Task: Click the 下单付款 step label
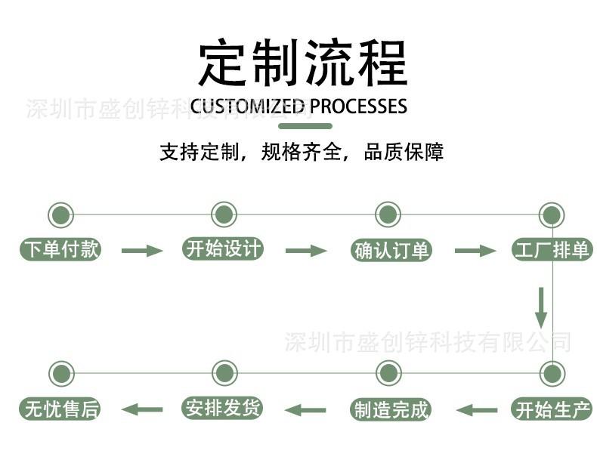(60, 250)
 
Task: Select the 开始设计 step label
(224, 249)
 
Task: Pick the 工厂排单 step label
(552, 250)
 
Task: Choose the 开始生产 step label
(552, 410)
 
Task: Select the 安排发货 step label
(224, 409)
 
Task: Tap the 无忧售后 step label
(60, 410)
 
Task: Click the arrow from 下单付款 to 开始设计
(142, 251)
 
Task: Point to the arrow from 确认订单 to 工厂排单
(475, 251)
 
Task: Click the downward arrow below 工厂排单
(541, 307)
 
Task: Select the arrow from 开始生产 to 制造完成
(477, 410)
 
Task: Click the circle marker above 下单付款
(61, 214)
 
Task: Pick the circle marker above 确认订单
(388, 214)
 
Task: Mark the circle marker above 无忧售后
(61, 373)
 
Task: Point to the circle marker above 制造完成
(388, 373)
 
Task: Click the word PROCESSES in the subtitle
(358, 106)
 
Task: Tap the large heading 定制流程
(302, 63)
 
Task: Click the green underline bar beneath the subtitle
(305, 125)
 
